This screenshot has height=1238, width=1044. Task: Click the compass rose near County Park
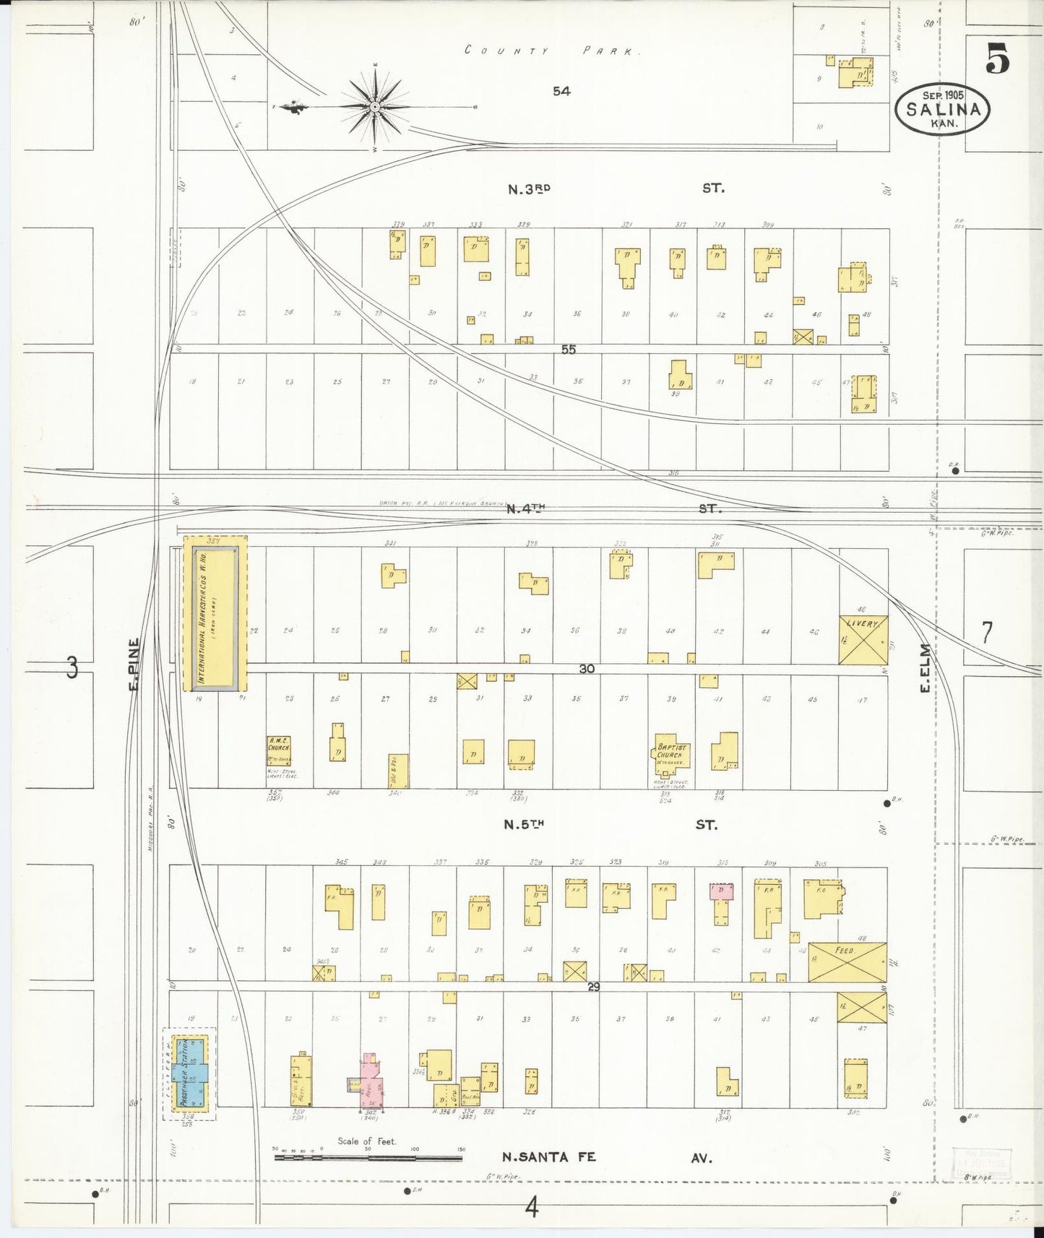[375, 107]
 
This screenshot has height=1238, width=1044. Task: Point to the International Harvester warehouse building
[215, 612]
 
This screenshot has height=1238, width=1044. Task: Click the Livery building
[863, 639]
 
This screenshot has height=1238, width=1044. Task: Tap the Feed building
[847, 962]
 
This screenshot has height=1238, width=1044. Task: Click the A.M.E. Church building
[279, 750]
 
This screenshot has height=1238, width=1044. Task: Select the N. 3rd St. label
[614, 189]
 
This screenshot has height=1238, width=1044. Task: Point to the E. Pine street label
[134, 663]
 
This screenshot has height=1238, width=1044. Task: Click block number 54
[561, 91]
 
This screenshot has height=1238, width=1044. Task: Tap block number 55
[569, 349]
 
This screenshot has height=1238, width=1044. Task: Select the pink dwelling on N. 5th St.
[722, 891]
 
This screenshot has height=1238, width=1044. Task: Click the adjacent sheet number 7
[986, 632]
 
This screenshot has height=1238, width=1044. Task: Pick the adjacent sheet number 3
[72, 667]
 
